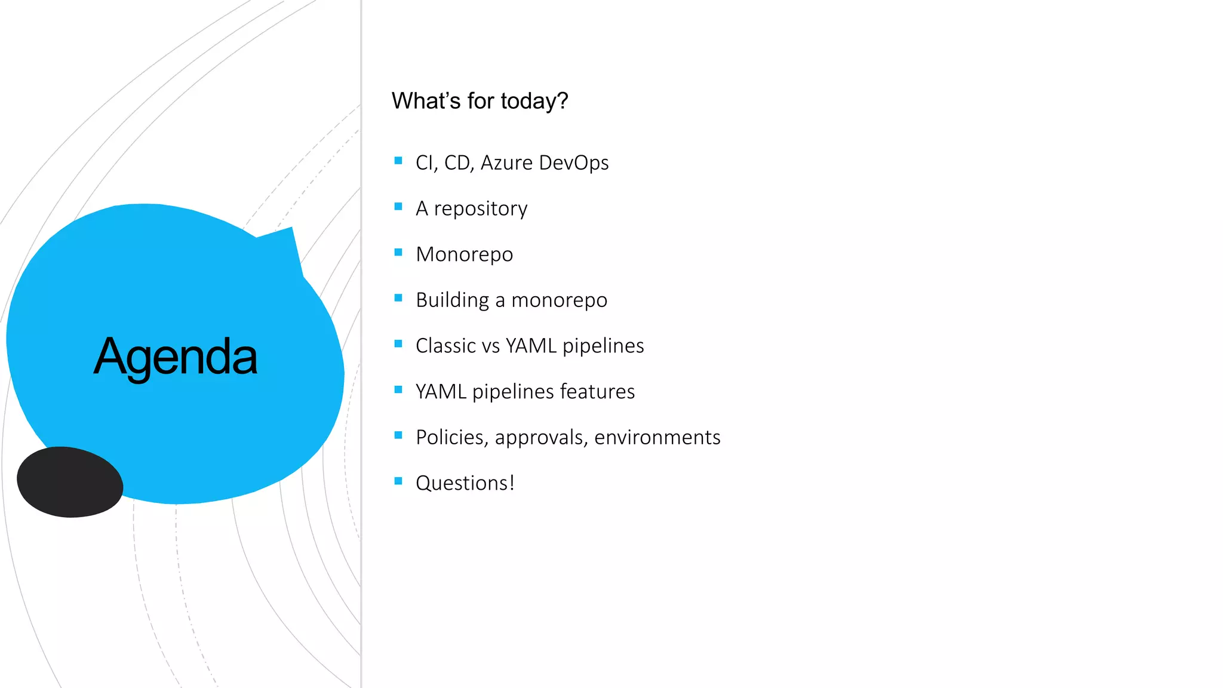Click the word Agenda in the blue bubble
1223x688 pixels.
tap(176, 357)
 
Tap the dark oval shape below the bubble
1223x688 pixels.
tap(70, 482)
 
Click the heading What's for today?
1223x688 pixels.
tap(480, 101)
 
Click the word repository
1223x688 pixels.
tap(480, 208)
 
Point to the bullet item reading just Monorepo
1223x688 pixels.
tap(464, 254)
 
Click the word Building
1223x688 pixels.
tap(452, 300)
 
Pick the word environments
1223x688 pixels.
tap(657, 438)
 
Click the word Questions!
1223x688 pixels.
tap(465, 483)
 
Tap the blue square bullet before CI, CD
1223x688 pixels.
tap(398, 161)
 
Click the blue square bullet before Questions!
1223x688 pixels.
tap(398, 481)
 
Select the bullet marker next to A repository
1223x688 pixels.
tap(398, 207)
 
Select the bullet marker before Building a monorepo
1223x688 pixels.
tap(398, 298)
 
